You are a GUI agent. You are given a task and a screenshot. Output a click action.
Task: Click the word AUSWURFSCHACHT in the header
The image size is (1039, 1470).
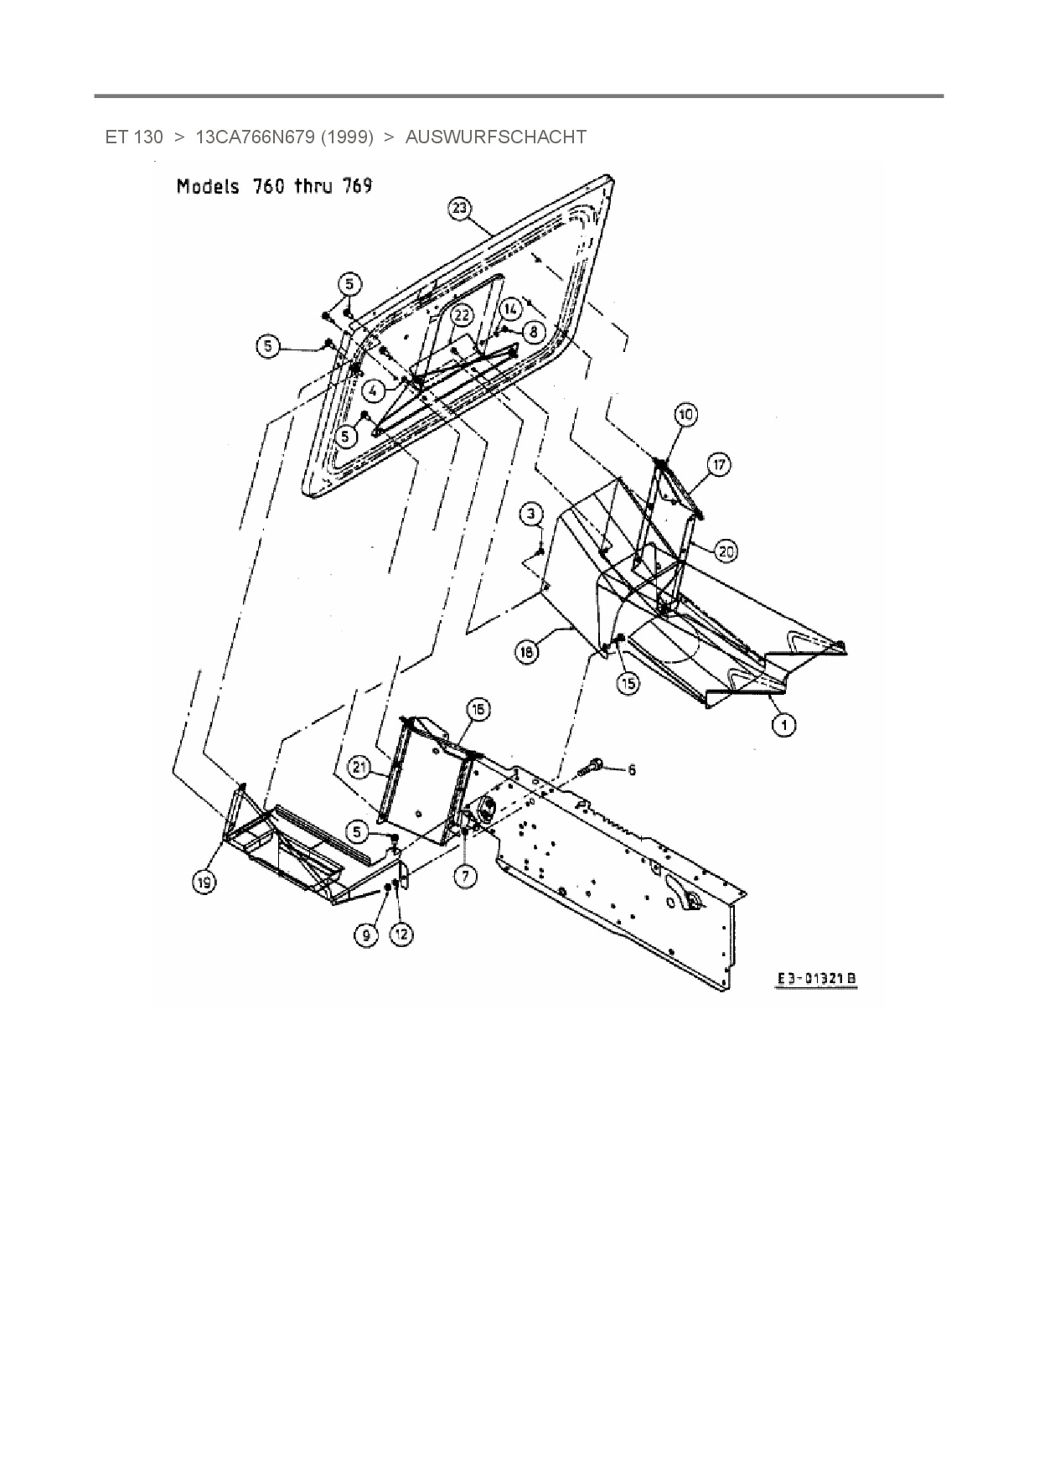tap(495, 137)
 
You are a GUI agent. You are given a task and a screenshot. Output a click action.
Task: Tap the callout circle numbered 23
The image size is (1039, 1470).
tap(460, 209)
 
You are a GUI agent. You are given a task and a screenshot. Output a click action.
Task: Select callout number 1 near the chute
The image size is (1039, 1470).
tap(783, 723)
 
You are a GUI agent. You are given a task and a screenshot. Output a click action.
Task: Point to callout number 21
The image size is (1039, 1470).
tap(359, 767)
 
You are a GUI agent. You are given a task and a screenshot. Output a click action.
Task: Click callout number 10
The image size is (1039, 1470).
tap(686, 414)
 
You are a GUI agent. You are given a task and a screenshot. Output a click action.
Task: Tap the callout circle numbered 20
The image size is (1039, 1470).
tap(726, 551)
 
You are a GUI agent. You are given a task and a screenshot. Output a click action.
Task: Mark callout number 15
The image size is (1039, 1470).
tap(628, 683)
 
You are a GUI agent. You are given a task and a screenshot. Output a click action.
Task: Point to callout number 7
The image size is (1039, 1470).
tap(465, 876)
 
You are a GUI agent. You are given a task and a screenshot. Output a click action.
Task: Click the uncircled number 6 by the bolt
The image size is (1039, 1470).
tap(631, 769)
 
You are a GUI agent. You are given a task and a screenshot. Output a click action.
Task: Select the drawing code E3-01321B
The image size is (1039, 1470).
tap(817, 978)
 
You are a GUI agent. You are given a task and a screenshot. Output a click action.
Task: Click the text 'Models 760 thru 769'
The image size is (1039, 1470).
tap(274, 186)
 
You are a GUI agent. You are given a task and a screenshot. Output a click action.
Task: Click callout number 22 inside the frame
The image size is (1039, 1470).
tap(462, 316)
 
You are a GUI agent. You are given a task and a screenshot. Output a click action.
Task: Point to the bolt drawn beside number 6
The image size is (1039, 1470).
tap(591, 764)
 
